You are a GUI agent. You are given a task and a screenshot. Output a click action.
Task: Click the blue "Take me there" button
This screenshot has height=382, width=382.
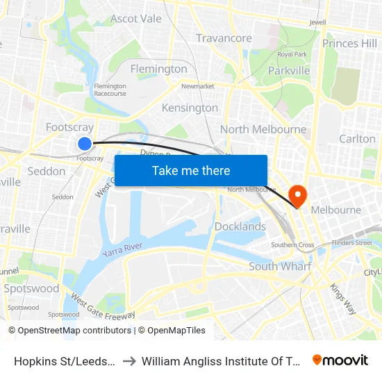[191, 170]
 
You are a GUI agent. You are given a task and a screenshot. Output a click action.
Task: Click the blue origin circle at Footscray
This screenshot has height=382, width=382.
[84, 144]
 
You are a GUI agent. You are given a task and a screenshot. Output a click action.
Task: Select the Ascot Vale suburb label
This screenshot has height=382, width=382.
[136, 18]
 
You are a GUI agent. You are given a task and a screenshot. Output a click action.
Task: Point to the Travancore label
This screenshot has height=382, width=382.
[224, 38]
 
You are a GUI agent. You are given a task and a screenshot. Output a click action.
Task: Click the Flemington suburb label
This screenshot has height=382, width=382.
[159, 69]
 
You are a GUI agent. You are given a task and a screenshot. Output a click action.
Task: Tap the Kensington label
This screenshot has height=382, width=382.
[190, 108]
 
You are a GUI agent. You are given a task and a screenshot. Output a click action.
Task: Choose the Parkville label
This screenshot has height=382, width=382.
[288, 70]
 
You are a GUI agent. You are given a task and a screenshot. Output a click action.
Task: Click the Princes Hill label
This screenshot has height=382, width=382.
[349, 43]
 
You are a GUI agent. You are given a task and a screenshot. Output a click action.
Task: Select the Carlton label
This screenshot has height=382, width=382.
[357, 139]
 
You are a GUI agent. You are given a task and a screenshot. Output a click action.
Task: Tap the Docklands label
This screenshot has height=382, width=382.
[240, 226]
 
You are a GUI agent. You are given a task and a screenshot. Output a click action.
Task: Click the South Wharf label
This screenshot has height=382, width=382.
[280, 266]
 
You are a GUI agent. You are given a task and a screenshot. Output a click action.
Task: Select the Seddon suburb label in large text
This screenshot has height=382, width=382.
[47, 171]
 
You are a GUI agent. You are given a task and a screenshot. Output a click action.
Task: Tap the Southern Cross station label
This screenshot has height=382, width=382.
[292, 244]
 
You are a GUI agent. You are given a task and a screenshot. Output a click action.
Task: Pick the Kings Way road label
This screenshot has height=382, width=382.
[343, 297]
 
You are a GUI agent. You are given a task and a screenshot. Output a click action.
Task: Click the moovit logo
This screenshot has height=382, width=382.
[340, 360]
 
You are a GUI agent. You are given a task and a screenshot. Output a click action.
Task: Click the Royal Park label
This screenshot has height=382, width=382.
[292, 54]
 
